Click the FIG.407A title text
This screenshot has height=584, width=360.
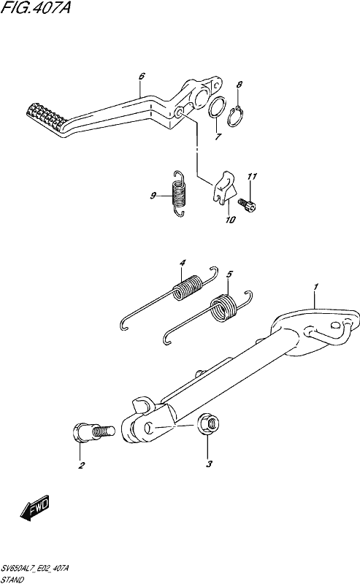[36, 7]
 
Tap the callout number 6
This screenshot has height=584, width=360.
[142, 77]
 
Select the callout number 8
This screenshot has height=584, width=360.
[240, 85]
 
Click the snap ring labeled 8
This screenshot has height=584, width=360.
[236, 117]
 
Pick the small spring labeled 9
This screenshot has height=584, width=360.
[179, 193]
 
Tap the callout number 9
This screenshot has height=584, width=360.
[153, 196]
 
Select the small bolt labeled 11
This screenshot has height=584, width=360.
[248, 204]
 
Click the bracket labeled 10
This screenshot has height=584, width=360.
[224, 188]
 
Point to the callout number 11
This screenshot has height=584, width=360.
[253, 176]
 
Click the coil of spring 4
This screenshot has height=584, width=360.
[188, 287]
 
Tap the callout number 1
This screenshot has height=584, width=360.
[315, 286]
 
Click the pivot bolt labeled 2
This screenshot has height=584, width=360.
[93, 432]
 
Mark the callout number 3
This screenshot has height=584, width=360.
[210, 464]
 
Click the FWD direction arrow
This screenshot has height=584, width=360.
[35, 507]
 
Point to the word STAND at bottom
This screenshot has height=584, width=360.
[12, 580]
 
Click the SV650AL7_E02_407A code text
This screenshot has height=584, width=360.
[35, 568]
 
